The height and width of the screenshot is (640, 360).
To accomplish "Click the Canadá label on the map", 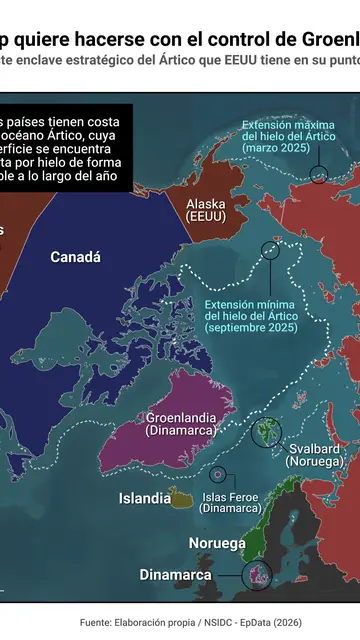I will [76, 257].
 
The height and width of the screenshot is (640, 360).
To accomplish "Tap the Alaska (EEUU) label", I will [206, 209].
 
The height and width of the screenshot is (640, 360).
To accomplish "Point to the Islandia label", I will [144, 498].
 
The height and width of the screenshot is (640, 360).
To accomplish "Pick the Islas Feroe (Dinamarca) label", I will [230, 502].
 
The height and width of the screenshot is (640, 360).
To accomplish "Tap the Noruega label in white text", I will [217, 543].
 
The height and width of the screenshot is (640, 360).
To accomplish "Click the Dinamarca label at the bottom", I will [175, 575].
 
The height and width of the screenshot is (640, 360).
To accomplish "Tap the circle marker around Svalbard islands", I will [266, 431].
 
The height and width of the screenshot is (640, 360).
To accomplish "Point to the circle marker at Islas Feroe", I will [217, 475].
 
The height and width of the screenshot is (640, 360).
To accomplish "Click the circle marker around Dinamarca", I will [257, 575].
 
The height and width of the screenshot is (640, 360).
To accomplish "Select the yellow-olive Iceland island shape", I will [181, 497].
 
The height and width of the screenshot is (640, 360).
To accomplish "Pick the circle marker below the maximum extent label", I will [318, 175].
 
